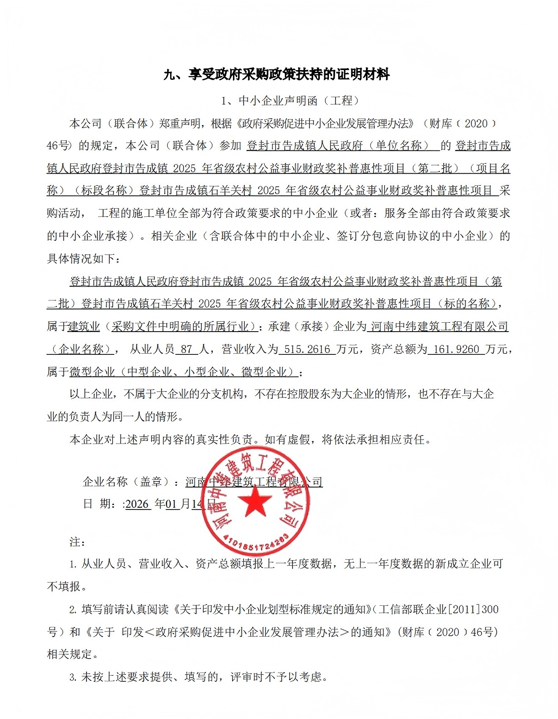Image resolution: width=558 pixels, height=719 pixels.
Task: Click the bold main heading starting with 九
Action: [x=276, y=75]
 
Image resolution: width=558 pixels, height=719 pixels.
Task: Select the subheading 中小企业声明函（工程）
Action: [x=290, y=101]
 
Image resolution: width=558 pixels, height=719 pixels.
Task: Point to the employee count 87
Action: [x=187, y=349]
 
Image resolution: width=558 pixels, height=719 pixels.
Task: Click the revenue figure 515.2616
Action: [x=307, y=349]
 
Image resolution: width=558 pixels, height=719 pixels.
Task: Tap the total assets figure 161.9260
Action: [x=456, y=349]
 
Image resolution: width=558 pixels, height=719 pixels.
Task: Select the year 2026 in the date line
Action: [x=137, y=504]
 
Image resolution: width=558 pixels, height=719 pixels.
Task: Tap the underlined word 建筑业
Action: [x=84, y=327]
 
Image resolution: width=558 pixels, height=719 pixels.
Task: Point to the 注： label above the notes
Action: [x=78, y=542]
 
